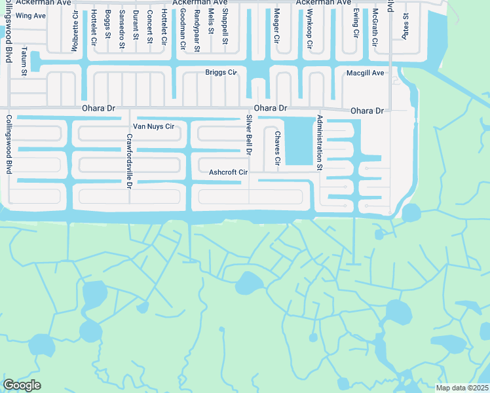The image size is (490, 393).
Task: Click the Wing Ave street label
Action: (31, 15)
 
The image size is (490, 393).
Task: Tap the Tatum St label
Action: (24, 61)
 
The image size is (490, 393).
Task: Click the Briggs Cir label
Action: (221, 72)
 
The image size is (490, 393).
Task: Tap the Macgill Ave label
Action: (365, 73)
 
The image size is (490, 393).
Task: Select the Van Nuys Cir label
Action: (153, 126)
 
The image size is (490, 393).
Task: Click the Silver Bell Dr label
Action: (249, 134)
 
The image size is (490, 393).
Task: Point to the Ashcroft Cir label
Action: (228, 173)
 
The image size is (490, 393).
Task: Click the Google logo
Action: (22, 385)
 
